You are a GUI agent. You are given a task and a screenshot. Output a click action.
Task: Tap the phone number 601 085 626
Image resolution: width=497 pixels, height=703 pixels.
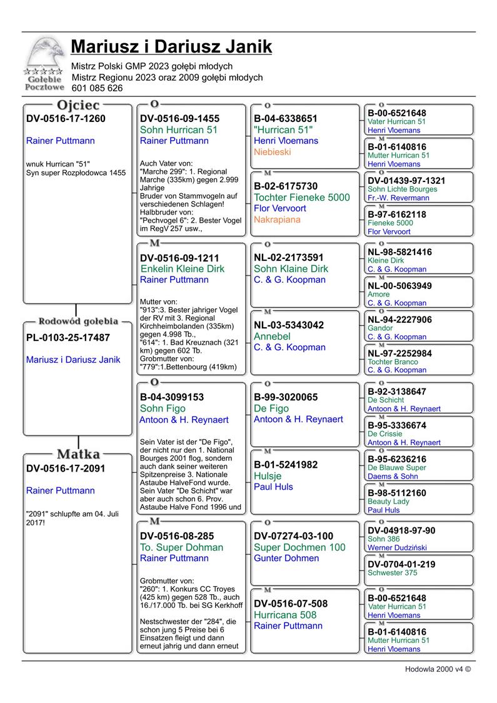(x=97, y=89)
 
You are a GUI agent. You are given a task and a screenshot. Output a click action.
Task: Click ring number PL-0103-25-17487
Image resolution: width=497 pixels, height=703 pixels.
(x=68, y=338)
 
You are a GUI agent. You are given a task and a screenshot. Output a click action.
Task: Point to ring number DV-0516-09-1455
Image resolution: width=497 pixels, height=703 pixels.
(x=179, y=119)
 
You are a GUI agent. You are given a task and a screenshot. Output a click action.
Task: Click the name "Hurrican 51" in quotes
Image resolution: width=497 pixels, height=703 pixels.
(x=283, y=129)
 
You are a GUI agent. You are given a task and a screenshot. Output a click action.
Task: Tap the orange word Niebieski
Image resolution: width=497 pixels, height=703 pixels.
(x=272, y=152)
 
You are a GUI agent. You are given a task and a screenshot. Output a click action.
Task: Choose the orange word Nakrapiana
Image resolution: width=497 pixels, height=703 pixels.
(x=277, y=220)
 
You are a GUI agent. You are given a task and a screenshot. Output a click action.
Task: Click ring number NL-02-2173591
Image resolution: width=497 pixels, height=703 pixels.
(x=288, y=258)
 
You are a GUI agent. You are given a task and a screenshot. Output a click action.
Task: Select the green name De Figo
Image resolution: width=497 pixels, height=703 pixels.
(x=271, y=408)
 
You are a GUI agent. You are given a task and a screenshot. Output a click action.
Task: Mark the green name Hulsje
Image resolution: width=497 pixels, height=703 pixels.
(x=268, y=476)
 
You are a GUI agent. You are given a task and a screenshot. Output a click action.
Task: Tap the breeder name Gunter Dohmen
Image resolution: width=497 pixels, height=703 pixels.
(x=286, y=559)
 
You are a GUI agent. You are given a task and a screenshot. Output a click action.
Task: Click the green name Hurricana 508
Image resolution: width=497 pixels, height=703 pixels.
(x=285, y=615)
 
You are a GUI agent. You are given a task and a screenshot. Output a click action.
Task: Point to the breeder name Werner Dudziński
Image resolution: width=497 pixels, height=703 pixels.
(x=397, y=547)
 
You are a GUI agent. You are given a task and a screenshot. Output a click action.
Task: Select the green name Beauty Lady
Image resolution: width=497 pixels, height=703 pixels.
(x=388, y=502)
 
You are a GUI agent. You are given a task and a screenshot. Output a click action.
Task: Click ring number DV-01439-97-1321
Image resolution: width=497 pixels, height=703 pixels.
(x=406, y=181)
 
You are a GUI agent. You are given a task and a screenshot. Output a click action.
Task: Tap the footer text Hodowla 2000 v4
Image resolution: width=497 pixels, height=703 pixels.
(x=437, y=669)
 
